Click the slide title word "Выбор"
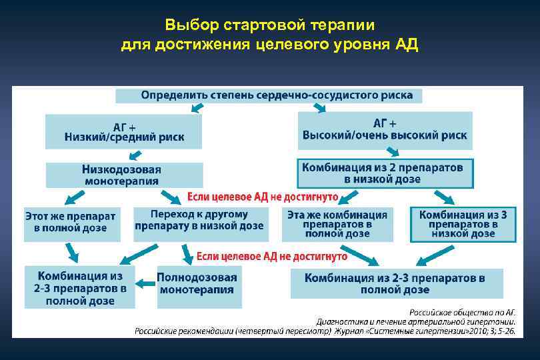click(x=187, y=25)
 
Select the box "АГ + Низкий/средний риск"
click(x=124, y=131)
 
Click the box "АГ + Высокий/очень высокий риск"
click(x=385, y=130)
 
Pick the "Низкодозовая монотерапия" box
click(x=123, y=175)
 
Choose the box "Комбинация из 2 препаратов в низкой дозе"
click(x=384, y=173)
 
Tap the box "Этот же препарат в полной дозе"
click(x=71, y=223)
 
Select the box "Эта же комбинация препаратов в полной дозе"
click(x=337, y=224)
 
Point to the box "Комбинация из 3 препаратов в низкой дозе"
click(x=463, y=224)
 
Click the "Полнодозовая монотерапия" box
click(x=198, y=284)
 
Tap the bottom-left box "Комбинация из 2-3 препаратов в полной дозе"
click(x=80, y=287)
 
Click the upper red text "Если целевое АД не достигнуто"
click(x=263, y=197)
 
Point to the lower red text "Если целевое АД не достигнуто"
click(x=271, y=256)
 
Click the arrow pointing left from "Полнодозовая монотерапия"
click(x=145, y=285)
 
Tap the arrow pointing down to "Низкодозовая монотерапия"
click(x=135, y=155)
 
